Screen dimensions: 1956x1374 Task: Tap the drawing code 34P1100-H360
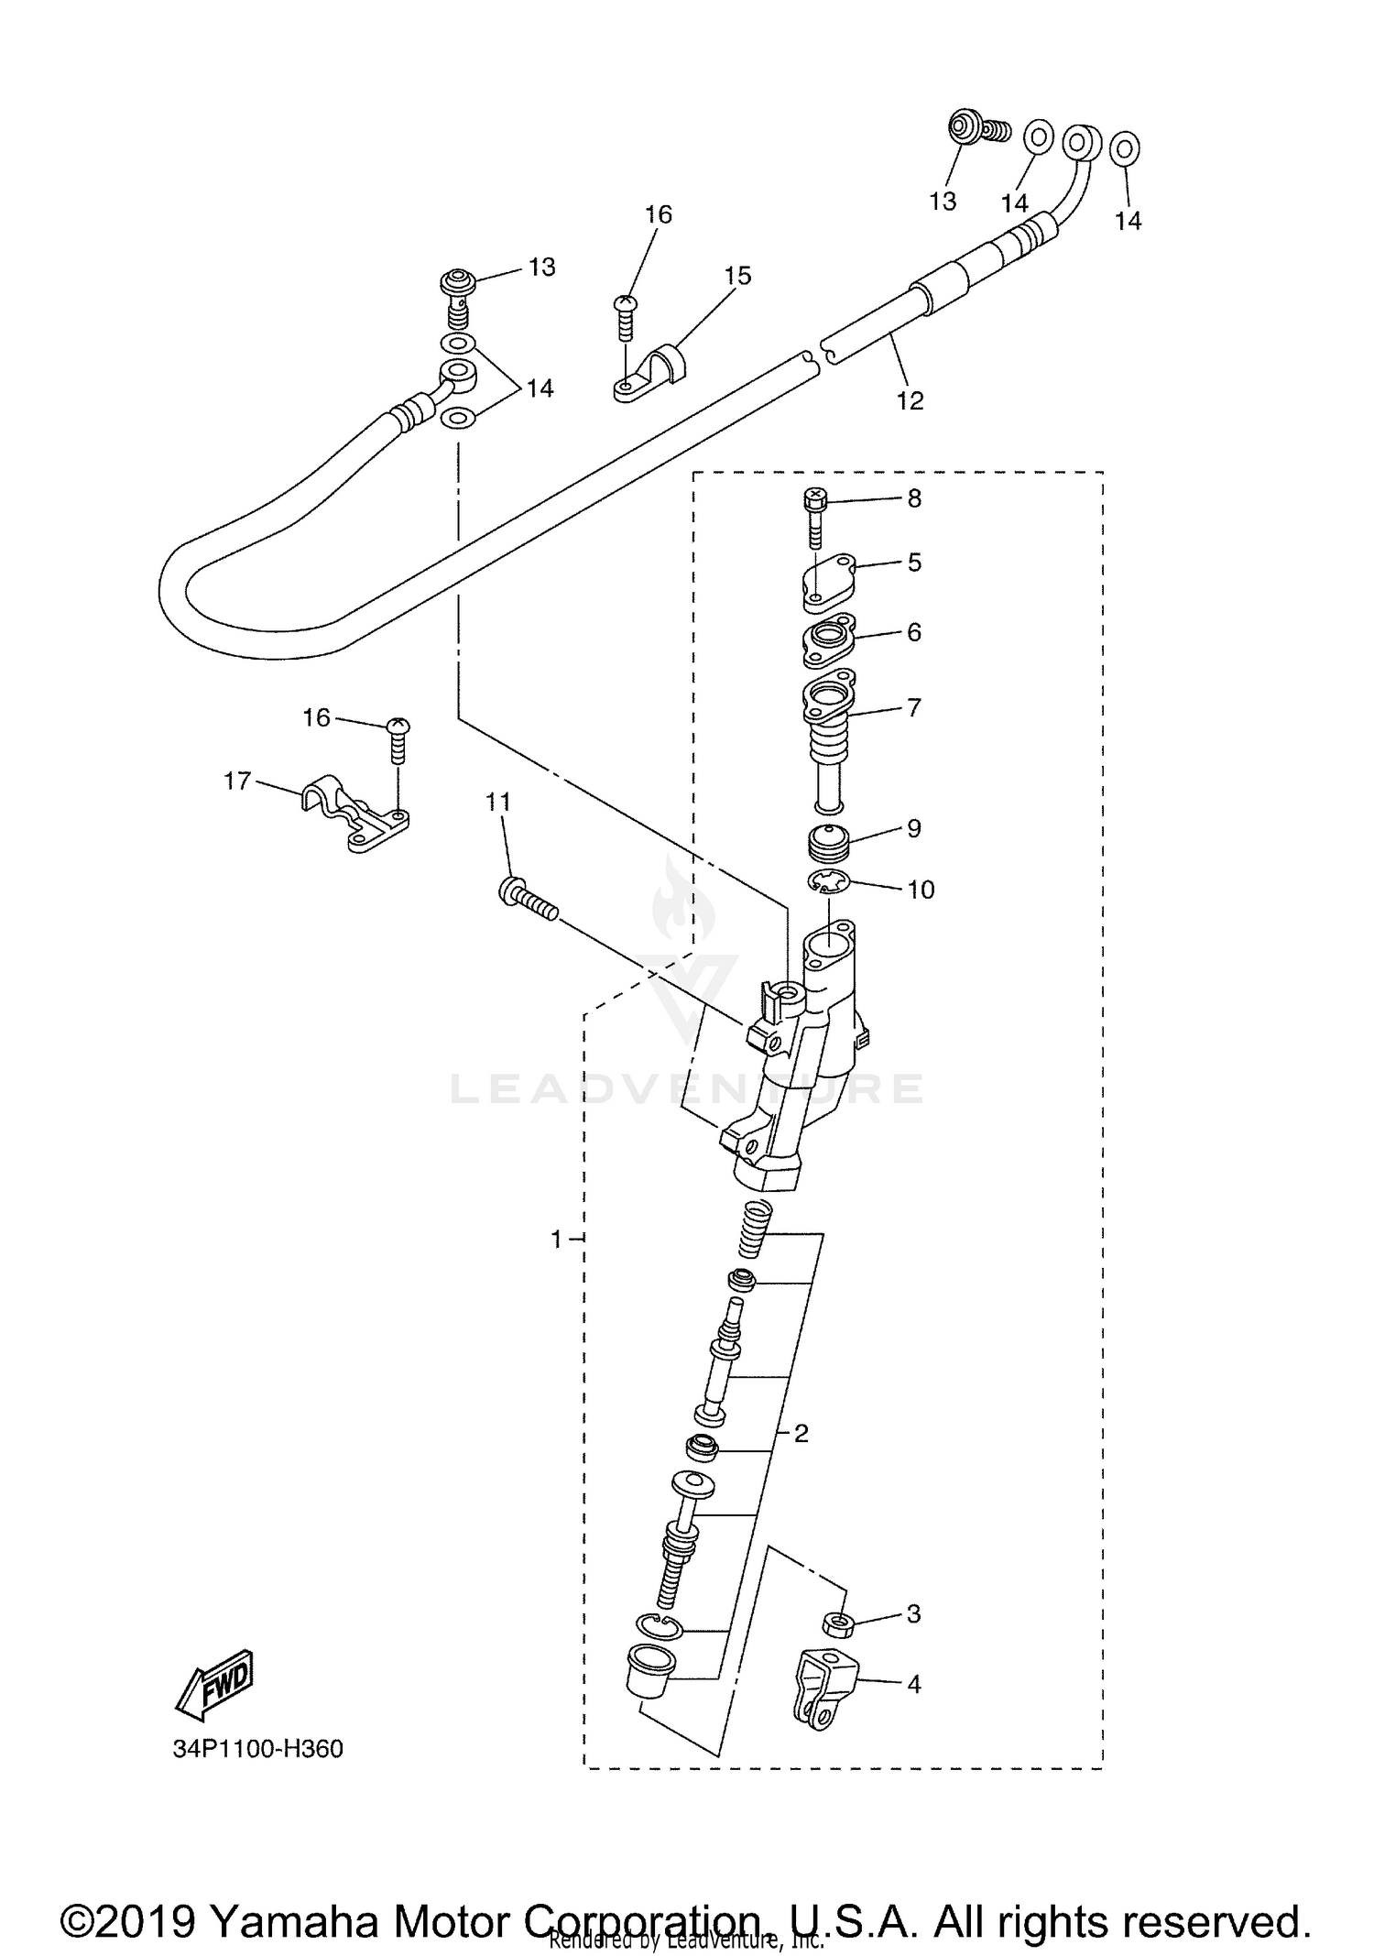tap(258, 1749)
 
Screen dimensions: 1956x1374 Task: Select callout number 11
tap(497, 802)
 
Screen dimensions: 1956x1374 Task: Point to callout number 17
tap(237, 781)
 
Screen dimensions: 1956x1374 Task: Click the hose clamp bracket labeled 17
tap(354, 813)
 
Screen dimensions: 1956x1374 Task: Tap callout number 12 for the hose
tap(910, 400)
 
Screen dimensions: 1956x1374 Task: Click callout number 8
tap(913, 498)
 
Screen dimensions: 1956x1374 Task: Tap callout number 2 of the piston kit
tap(801, 1433)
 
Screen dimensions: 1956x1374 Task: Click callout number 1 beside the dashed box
tap(556, 1239)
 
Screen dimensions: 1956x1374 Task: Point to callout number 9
tap(913, 828)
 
